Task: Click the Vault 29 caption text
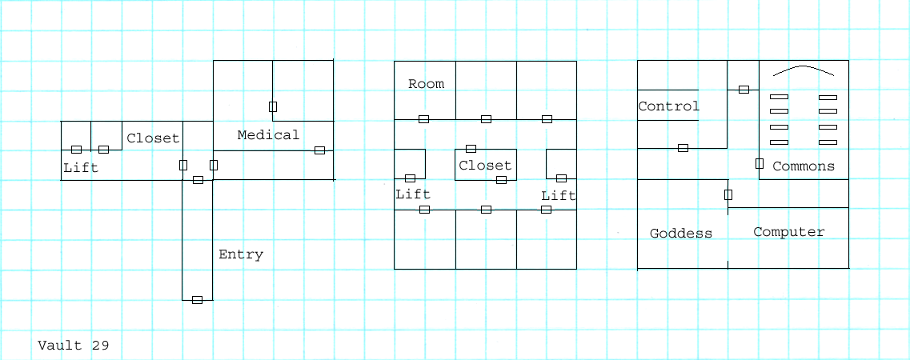(x=73, y=346)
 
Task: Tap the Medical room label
(x=268, y=135)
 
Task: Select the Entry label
(x=241, y=254)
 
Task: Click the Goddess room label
(x=681, y=234)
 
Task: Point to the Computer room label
(x=788, y=232)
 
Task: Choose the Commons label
(x=804, y=166)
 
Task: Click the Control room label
(x=668, y=106)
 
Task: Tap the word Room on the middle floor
(x=426, y=84)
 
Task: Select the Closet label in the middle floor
(x=485, y=166)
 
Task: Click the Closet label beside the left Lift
(x=153, y=138)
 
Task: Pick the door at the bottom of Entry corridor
(x=198, y=300)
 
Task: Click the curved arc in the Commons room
(x=804, y=69)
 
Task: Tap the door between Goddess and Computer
(x=728, y=194)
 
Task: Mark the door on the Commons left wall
(x=759, y=163)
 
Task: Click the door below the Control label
(x=683, y=148)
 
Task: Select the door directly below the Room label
(x=423, y=119)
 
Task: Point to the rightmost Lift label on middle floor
(x=559, y=196)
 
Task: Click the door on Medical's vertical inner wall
(x=273, y=106)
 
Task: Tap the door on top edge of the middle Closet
(x=471, y=149)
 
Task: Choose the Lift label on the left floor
(x=82, y=168)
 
